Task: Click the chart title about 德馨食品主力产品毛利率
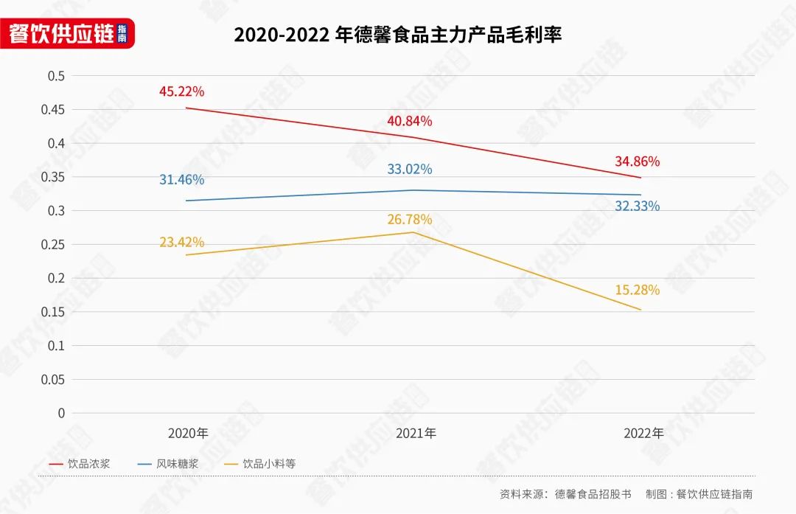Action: pos(397,35)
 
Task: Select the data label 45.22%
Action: pos(181,92)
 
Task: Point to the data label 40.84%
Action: pos(410,121)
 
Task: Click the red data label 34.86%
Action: pos(638,162)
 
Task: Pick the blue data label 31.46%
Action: pos(181,179)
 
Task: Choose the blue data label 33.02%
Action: pos(410,169)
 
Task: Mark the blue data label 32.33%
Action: pos(638,206)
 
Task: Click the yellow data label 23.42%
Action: pos(181,242)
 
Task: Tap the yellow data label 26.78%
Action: pos(410,220)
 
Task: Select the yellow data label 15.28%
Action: pos(638,290)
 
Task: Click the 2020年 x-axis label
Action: pos(188,433)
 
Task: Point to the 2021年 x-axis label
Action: pos(416,433)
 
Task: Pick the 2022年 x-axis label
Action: pos(643,433)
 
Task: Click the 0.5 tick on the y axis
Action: pos(57,76)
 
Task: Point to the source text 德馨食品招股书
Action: pos(593,494)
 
